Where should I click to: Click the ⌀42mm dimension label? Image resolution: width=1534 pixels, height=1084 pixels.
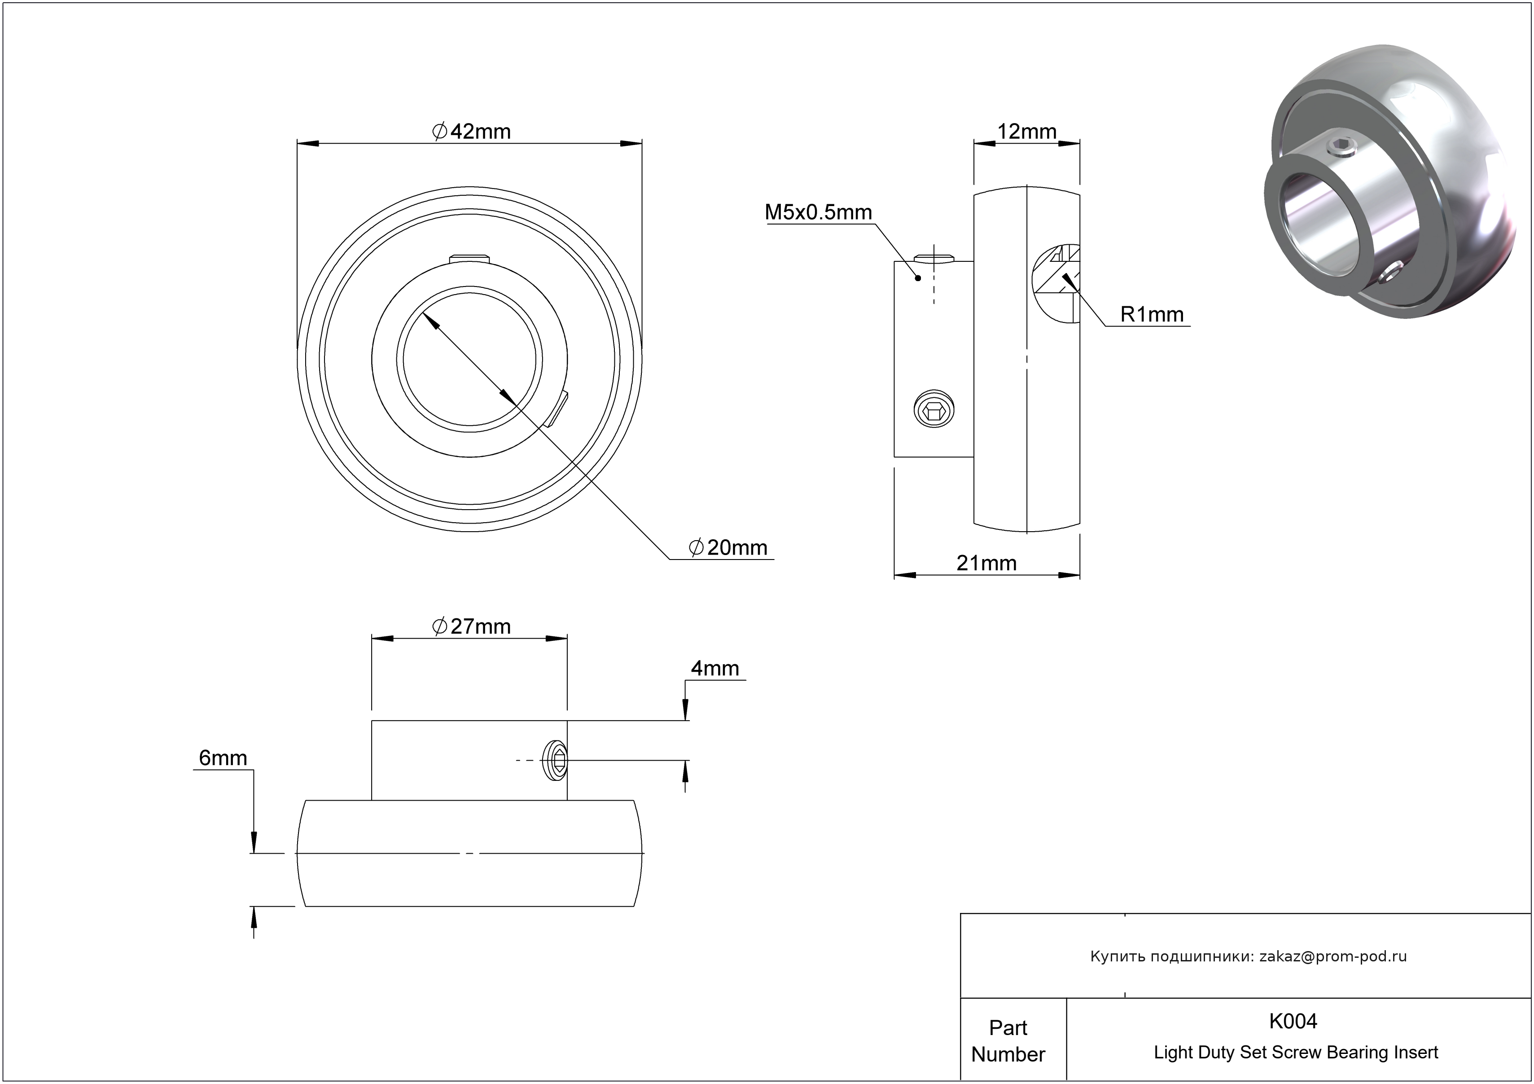tap(471, 132)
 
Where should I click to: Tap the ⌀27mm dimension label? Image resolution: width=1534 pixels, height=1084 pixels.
tap(471, 627)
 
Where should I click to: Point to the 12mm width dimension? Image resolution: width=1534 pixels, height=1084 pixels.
tap(1027, 132)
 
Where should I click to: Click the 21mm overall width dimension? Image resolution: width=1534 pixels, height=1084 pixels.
tap(987, 564)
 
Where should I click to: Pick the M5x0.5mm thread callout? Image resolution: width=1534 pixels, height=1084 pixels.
tap(819, 212)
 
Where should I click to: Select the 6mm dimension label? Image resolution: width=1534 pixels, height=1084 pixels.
tap(223, 758)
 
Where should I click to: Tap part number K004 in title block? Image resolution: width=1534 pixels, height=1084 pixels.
tap(1293, 1021)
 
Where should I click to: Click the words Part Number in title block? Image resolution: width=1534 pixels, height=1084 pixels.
tap(1008, 1040)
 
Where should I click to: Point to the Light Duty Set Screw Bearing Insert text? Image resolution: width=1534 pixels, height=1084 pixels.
tap(1296, 1053)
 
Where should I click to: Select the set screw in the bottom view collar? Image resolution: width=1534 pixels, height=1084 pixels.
tap(557, 760)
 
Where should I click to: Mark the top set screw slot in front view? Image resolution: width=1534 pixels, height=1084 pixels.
tap(470, 258)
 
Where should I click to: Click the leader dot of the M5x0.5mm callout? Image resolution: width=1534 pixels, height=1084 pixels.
tap(919, 278)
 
